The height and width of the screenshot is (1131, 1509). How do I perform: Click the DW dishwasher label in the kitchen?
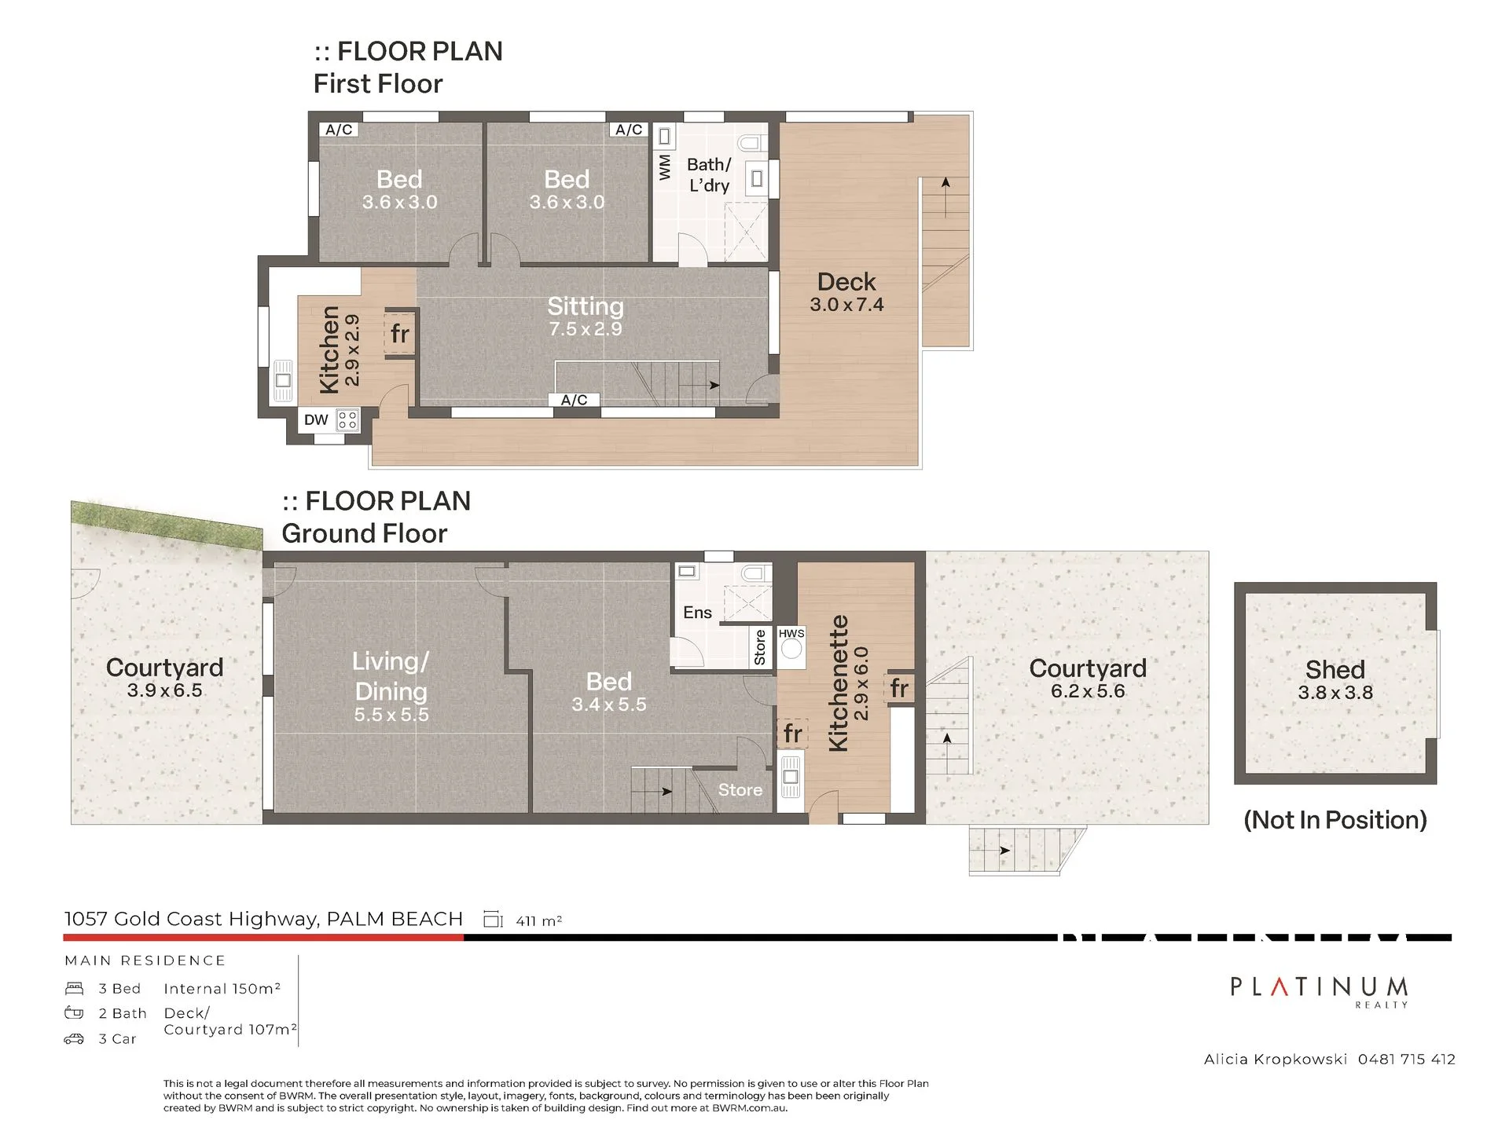coord(316,419)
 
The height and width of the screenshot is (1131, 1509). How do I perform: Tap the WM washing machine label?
coord(665,167)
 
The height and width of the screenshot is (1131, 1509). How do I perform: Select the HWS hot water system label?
coord(791,633)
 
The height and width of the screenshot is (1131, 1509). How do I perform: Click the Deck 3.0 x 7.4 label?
coord(846,292)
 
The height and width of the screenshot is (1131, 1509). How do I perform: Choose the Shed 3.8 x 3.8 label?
coord(1335,680)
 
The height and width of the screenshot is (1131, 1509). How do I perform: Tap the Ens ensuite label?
coord(697,613)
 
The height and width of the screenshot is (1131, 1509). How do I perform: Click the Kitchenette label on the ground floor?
coord(839,683)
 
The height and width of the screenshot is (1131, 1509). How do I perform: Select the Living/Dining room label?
coord(391,676)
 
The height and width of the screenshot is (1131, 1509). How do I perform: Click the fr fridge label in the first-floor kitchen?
coord(400,334)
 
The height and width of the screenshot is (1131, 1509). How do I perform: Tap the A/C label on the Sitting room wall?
coord(575,400)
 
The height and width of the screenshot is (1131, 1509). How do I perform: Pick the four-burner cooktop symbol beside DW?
coord(347,420)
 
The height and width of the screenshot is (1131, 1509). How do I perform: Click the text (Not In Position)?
coord(1335,820)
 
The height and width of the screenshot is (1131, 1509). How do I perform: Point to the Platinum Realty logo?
coord(1319,990)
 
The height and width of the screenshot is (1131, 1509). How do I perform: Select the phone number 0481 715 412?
coord(1407,1060)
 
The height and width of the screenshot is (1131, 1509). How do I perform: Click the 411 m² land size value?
coord(539,921)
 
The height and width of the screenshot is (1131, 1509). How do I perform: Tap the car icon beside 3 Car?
coord(74,1039)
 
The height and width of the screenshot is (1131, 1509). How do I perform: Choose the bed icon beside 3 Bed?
coord(74,988)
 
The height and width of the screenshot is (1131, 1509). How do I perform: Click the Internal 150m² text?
coord(222,988)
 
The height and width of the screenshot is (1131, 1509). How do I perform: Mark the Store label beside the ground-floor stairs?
coord(740,790)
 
